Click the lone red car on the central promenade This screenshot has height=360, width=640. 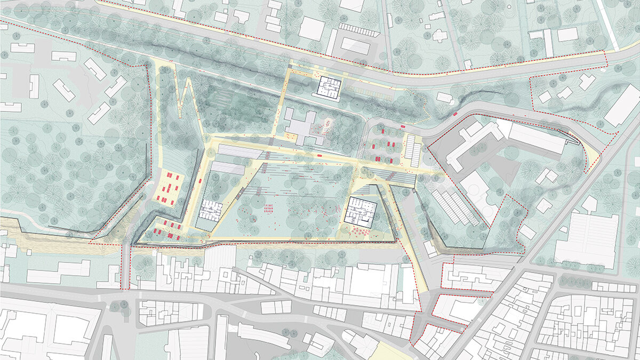[x=319, y=155]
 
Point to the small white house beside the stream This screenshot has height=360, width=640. [x=444, y=97]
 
